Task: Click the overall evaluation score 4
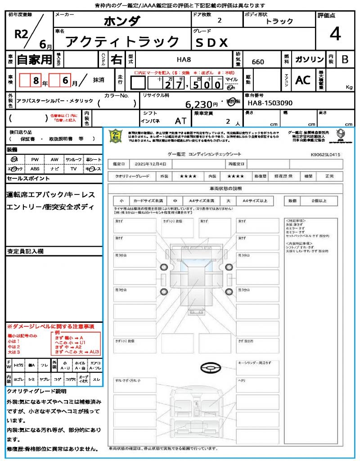coord(335,34)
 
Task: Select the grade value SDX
coord(212,42)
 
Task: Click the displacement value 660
coord(258,62)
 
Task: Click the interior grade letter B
coord(345,59)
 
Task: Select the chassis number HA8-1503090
coord(270,103)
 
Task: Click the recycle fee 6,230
coord(202,104)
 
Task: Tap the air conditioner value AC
coord(303,80)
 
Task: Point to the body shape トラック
coord(279,21)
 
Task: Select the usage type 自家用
coord(35,59)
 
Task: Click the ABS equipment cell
coord(35,169)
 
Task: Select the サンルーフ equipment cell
coord(74,159)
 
